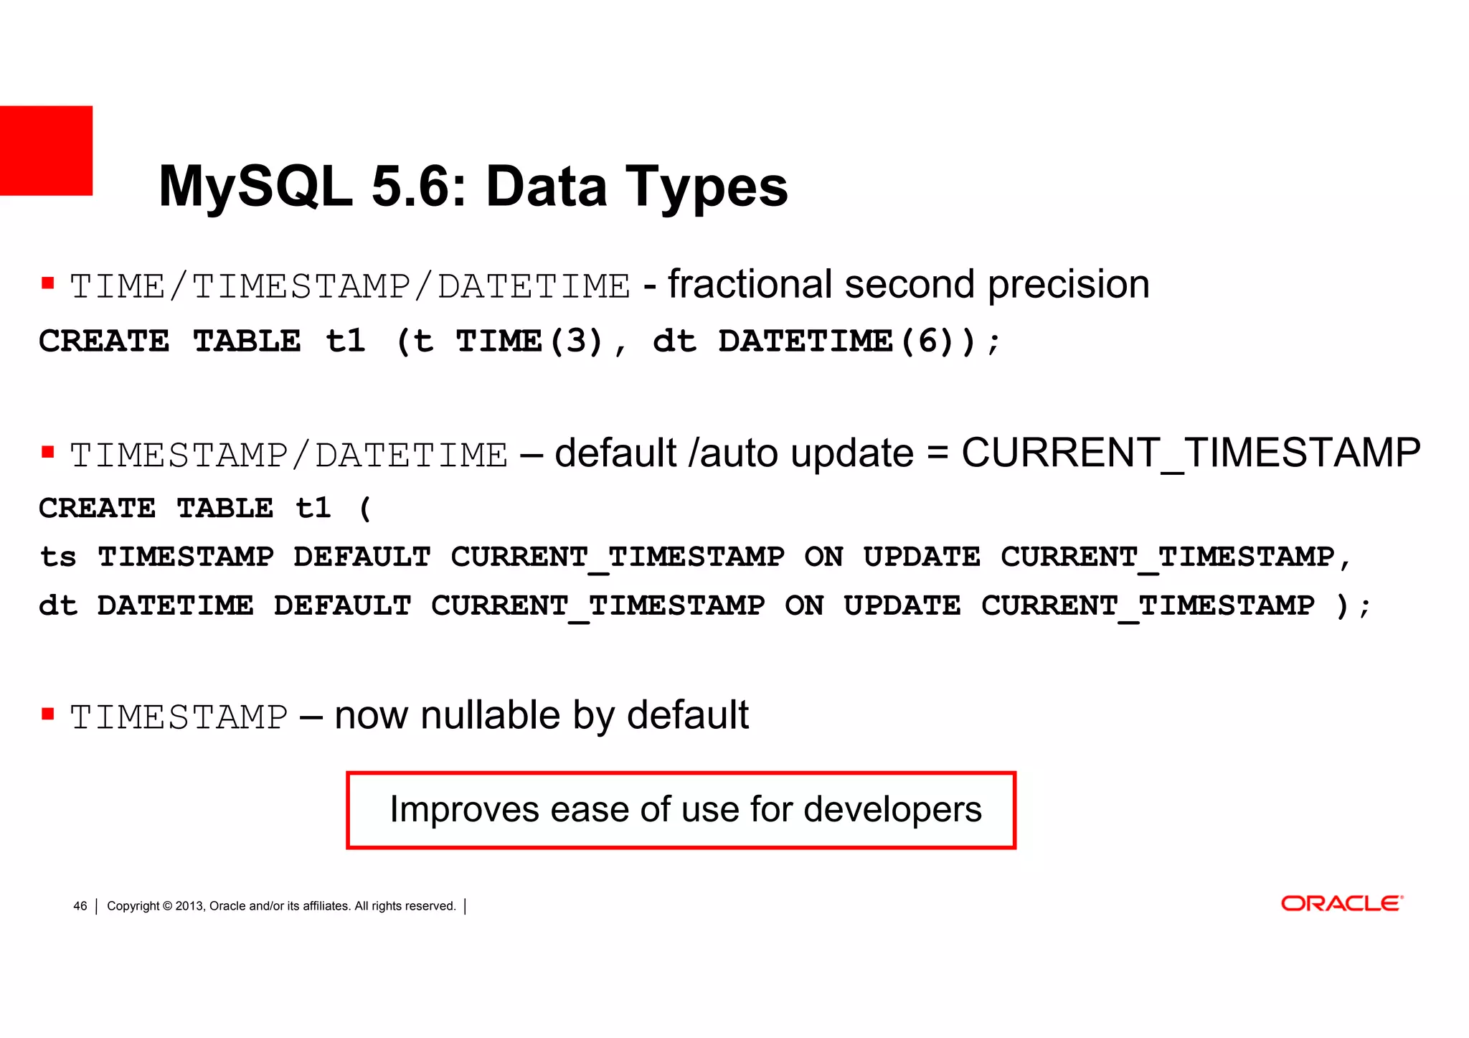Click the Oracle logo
[1341, 903]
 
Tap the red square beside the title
[46, 151]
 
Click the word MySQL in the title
[255, 187]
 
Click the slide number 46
[80, 906]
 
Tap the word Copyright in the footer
[133, 906]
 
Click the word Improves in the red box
[464, 810]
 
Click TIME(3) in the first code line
[529, 341]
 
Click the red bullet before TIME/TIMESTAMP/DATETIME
[48, 283]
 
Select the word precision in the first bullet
[1068, 285]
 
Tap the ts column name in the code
[57, 557]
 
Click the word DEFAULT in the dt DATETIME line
[342, 606]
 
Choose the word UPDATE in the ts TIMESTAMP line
[921, 557]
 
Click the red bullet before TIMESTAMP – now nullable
[48, 714]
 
